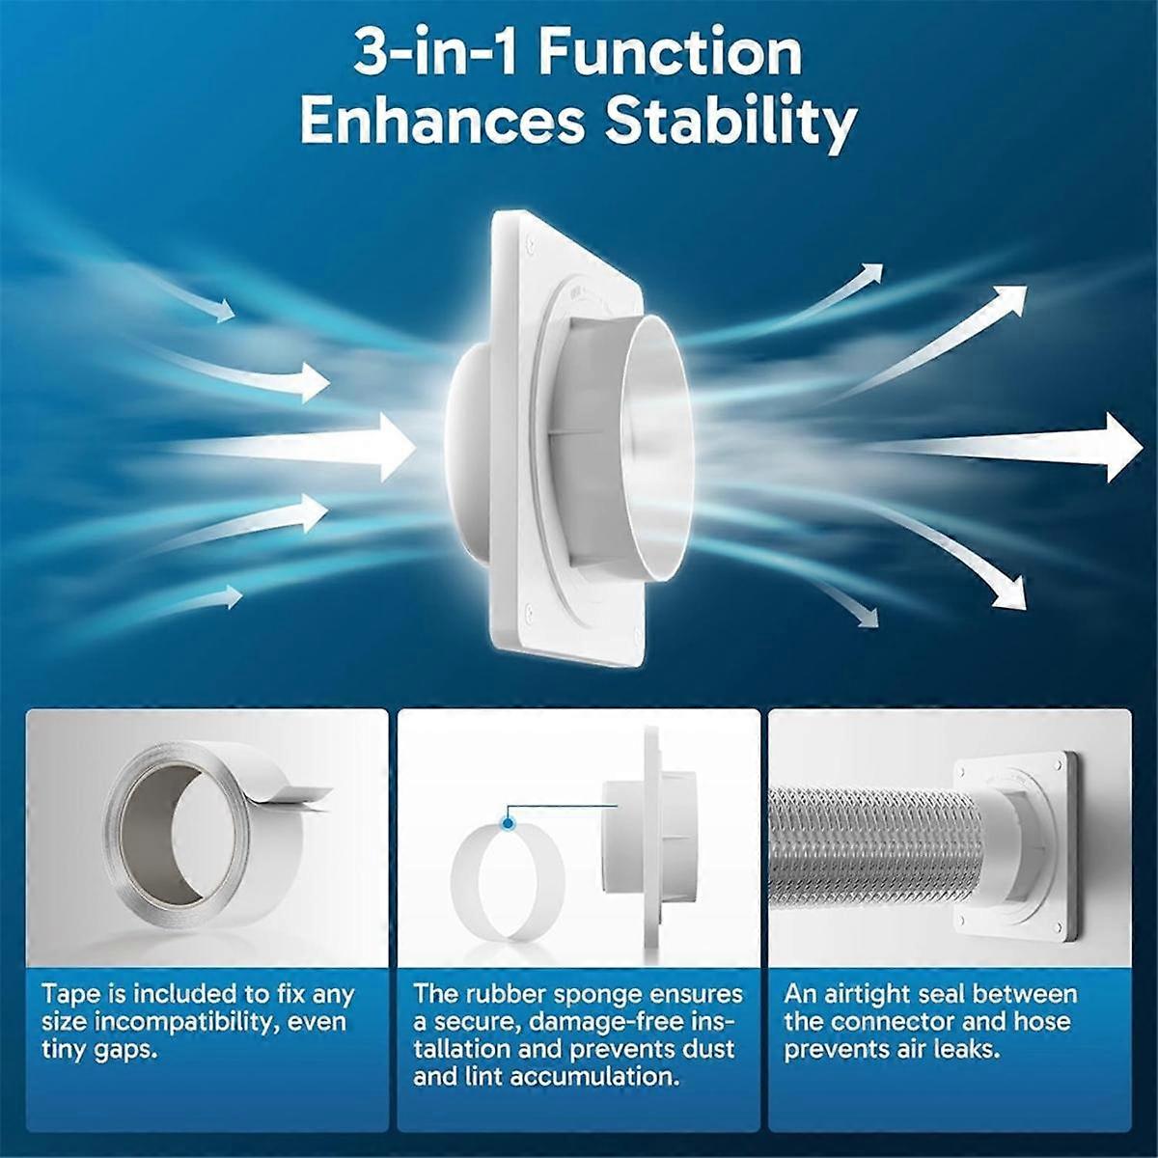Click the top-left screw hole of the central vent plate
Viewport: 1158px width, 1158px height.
[530, 245]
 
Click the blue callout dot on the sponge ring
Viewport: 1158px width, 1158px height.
[508, 822]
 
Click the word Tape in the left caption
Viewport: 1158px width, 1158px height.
[71, 995]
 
